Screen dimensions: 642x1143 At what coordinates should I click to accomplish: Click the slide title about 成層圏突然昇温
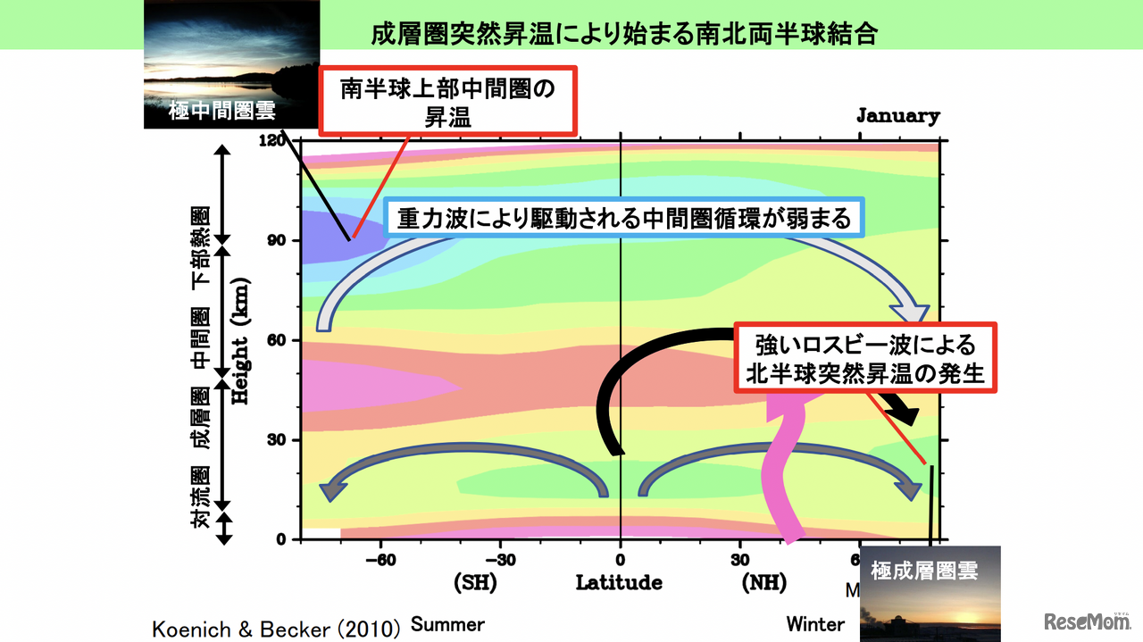(x=624, y=34)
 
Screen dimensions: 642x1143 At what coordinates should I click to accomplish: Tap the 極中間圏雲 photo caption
(x=222, y=112)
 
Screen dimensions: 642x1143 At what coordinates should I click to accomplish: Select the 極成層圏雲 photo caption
(x=924, y=570)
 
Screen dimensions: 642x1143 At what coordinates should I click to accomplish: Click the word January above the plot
(x=897, y=115)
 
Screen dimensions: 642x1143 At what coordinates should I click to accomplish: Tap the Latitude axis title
(x=619, y=583)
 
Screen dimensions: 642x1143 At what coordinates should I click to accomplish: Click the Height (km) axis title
(x=240, y=340)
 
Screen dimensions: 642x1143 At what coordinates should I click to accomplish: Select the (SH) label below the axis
(x=475, y=583)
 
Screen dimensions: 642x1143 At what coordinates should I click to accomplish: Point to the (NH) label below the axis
(x=763, y=583)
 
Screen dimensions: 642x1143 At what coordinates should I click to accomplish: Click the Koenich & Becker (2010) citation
(x=276, y=629)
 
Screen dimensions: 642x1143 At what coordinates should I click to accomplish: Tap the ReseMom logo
(x=1089, y=621)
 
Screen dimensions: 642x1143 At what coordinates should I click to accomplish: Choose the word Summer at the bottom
(x=447, y=623)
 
